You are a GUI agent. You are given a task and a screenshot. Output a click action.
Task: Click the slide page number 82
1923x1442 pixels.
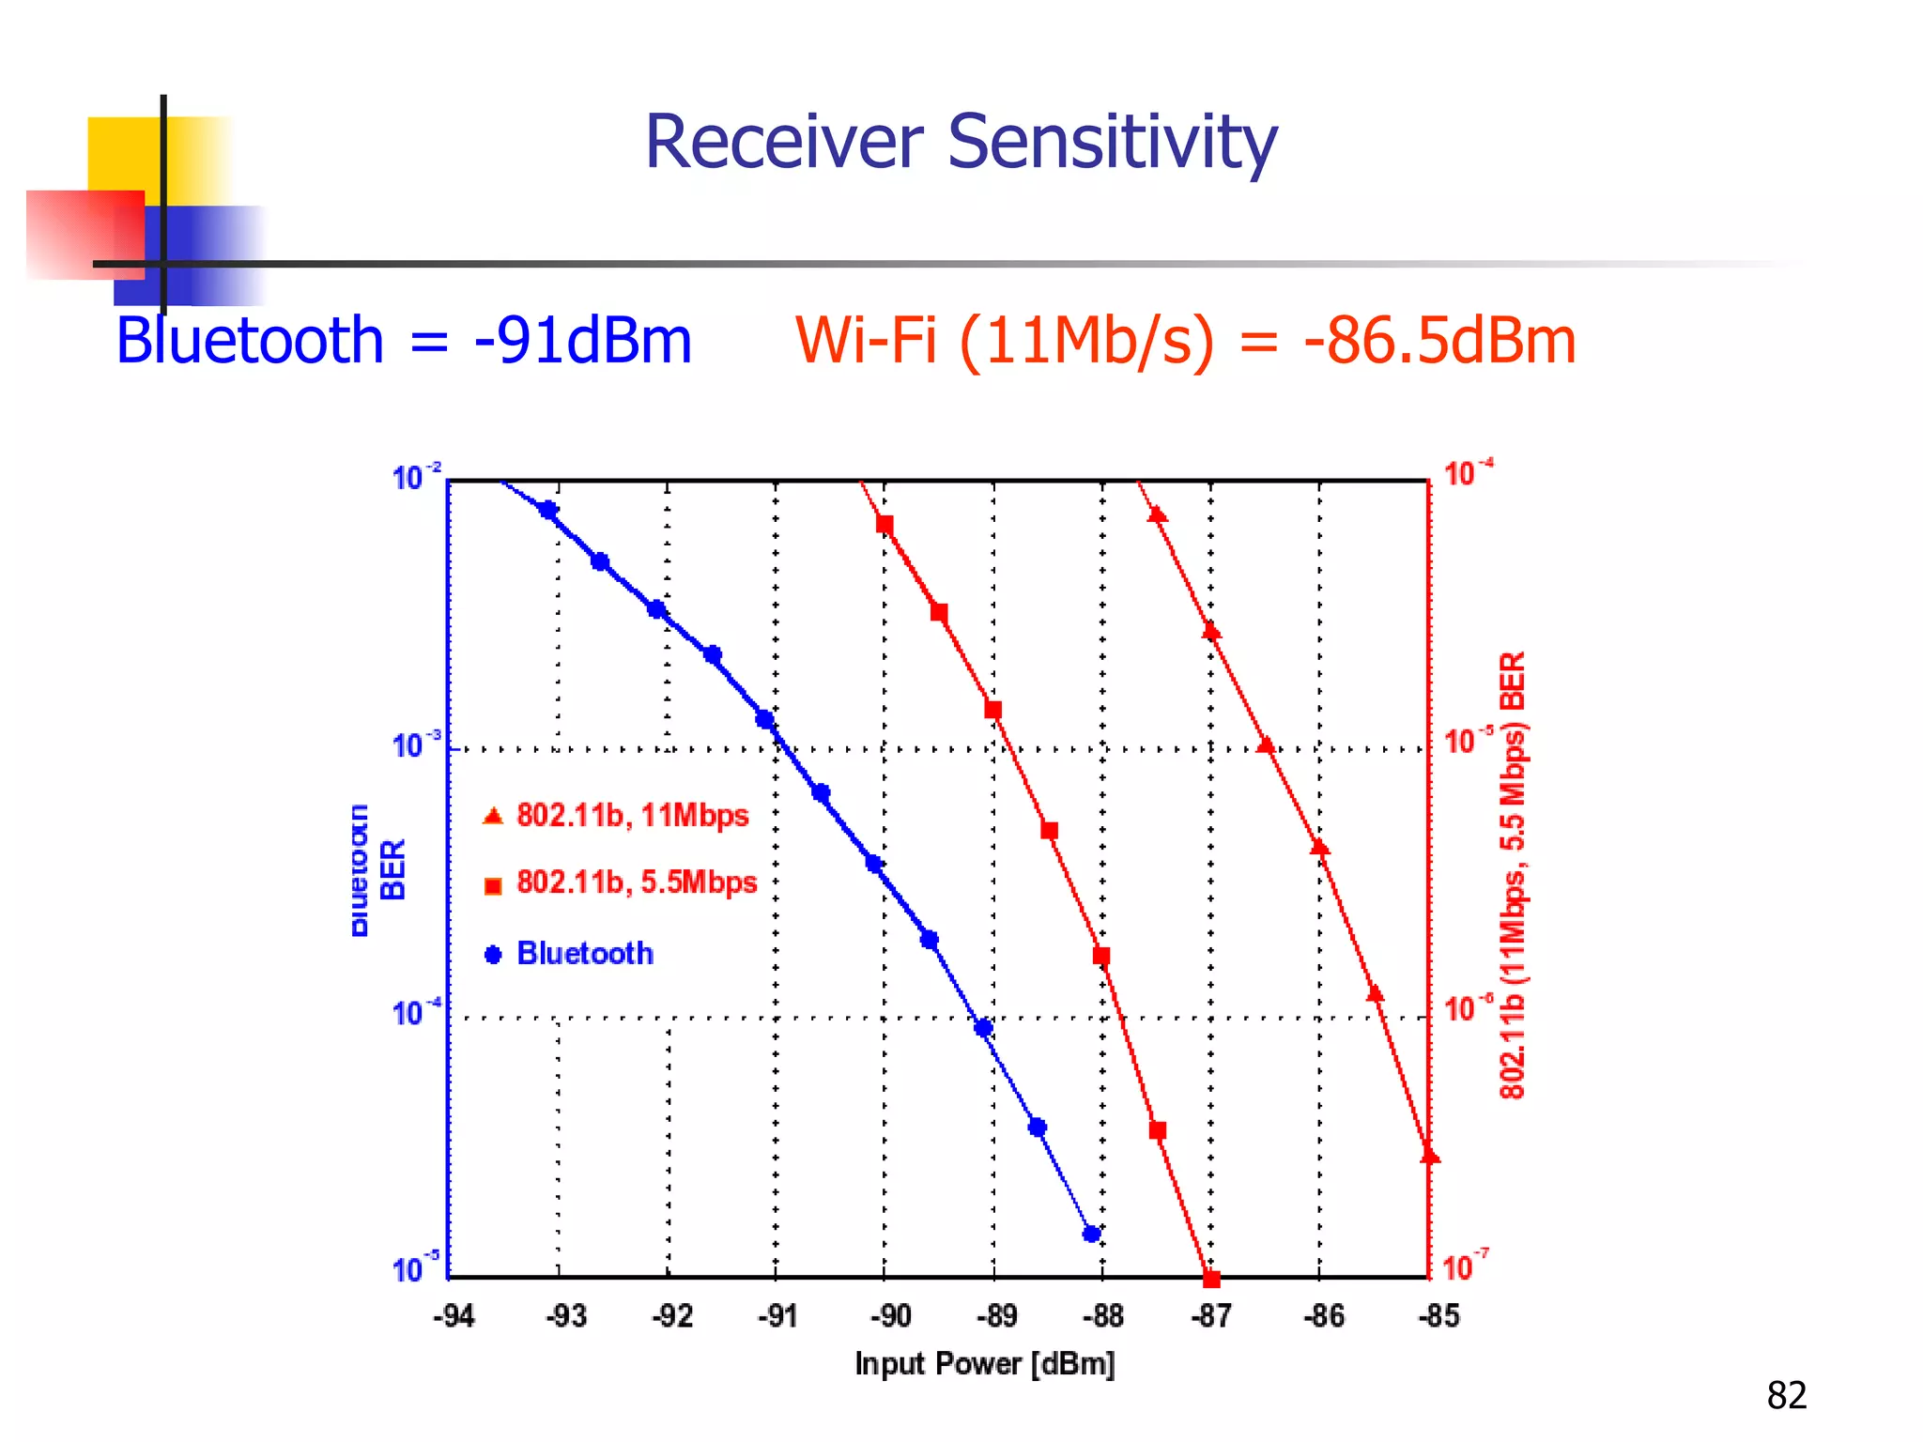click(x=1786, y=1395)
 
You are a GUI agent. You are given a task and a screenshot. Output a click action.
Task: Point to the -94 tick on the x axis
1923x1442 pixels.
click(x=454, y=1316)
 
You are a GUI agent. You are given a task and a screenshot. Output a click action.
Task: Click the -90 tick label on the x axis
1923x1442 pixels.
click(x=889, y=1316)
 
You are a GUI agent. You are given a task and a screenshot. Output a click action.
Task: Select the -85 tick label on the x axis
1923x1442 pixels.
click(x=1438, y=1316)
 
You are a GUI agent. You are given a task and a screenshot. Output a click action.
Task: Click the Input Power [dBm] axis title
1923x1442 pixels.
click(x=984, y=1363)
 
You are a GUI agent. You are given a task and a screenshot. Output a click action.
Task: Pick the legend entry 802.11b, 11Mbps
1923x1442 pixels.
click(x=632, y=815)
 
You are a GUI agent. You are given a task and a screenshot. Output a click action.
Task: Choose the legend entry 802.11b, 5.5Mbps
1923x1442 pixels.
click(x=636, y=882)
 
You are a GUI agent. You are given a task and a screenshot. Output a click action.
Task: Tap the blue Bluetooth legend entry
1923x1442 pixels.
click(x=584, y=954)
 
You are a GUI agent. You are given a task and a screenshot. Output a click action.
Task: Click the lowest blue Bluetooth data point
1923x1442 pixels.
click(x=1091, y=1234)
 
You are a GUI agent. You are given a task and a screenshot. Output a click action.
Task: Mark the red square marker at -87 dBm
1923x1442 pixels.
click(x=1211, y=1279)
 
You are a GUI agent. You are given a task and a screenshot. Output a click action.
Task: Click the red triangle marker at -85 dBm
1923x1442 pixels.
click(x=1429, y=1156)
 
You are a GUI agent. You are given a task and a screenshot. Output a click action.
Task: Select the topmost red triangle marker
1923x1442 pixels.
click(x=1158, y=514)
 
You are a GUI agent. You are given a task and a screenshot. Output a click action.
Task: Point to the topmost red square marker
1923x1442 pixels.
click(x=885, y=524)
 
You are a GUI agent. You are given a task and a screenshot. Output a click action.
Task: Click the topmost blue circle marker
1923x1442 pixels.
click(x=548, y=510)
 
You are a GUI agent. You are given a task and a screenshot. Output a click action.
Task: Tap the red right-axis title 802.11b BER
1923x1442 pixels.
click(x=1512, y=873)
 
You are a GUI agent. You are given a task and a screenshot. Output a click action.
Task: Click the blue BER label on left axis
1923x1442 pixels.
click(x=392, y=869)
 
